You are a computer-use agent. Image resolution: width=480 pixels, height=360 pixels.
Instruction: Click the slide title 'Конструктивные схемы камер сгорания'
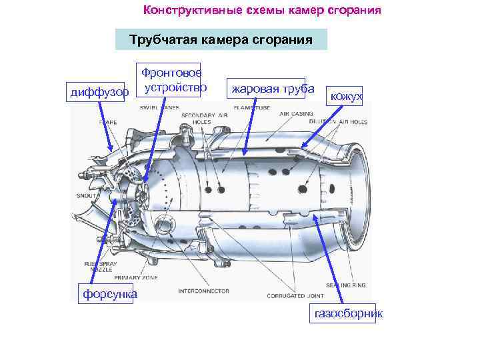[x=262, y=11]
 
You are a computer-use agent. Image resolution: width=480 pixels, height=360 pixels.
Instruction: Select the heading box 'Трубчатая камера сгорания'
[x=221, y=39]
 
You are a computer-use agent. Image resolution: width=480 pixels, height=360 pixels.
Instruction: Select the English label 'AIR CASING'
[x=296, y=114]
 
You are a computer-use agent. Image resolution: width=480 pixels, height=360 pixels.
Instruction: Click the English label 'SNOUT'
[x=86, y=196]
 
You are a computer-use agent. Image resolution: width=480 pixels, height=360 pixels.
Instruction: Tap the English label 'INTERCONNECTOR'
[x=203, y=291]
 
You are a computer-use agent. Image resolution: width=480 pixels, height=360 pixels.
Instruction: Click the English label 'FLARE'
[x=107, y=122]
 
